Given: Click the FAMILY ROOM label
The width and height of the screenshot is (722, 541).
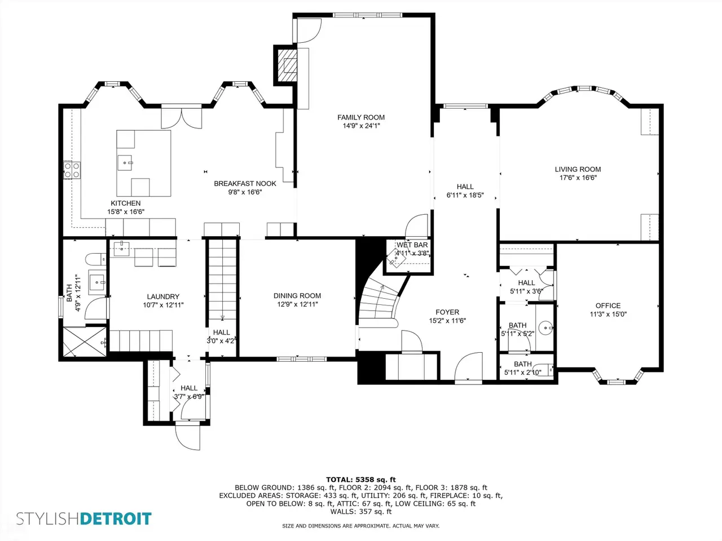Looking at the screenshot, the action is pos(361,117).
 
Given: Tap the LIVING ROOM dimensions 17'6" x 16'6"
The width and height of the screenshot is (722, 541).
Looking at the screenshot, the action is pos(578,178).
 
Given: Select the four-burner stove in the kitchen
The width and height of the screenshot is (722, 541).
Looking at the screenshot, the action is pos(72,170).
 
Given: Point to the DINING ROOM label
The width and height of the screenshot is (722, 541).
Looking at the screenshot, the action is pos(297,296).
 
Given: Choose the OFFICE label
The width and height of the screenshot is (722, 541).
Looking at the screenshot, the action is pos(608,305).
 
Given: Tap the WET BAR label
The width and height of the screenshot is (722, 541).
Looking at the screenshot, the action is pos(412,245).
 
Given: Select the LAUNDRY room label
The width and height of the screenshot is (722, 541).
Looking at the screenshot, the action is pos(163,296).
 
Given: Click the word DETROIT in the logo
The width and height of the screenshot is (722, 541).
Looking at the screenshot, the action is pos(116,518).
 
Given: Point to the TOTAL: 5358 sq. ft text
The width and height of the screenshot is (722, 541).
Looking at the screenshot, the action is pos(361,480).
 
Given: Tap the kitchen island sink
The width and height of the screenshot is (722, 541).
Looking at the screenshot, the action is pos(125,163).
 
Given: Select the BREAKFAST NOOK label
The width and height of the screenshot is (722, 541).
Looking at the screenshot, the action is pos(245,184).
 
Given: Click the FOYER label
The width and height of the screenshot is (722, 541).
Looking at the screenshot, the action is pos(447,312).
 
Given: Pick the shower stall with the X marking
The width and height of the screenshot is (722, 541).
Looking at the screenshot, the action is pos(85,342).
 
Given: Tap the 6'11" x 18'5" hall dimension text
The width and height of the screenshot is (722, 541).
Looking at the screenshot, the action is pos(465,195).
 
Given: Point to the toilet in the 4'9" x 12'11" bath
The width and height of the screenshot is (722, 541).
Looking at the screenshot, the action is pos(96,259).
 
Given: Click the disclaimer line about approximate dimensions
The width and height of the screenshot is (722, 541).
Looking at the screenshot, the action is pos(361,526).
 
